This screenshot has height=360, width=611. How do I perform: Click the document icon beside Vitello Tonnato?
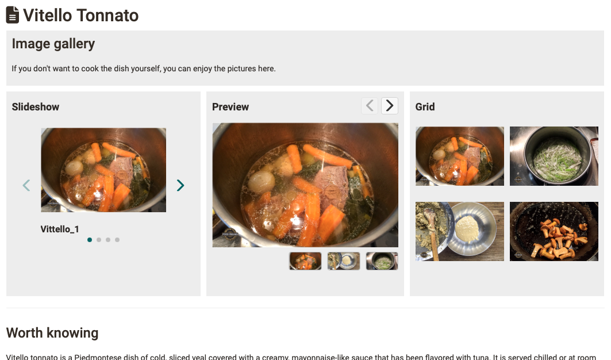[12, 16]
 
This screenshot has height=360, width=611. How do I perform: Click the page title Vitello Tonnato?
[80, 16]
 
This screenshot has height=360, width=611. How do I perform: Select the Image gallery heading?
[53, 44]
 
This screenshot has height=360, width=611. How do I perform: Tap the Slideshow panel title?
[36, 107]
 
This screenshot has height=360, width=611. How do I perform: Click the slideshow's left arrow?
[26, 185]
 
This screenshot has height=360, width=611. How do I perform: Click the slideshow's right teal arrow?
[180, 185]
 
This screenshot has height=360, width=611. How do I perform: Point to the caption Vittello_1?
[60, 229]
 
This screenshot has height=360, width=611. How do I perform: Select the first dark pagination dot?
[90, 240]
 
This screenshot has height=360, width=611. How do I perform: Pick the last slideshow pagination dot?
[117, 240]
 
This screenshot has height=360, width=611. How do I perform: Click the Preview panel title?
[230, 107]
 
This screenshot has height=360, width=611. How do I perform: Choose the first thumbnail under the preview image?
[305, 261]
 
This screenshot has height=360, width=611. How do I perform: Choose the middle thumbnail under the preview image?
[344, 261]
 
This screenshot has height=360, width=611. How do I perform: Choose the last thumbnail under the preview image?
[382, 261]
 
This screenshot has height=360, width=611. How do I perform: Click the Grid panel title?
[425, 107]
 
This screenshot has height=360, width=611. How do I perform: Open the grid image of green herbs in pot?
[554, 156]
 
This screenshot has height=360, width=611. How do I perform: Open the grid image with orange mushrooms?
[554, 231]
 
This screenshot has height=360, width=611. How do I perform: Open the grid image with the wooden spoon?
[459, 231]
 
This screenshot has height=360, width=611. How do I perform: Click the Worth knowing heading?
[52, 333]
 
